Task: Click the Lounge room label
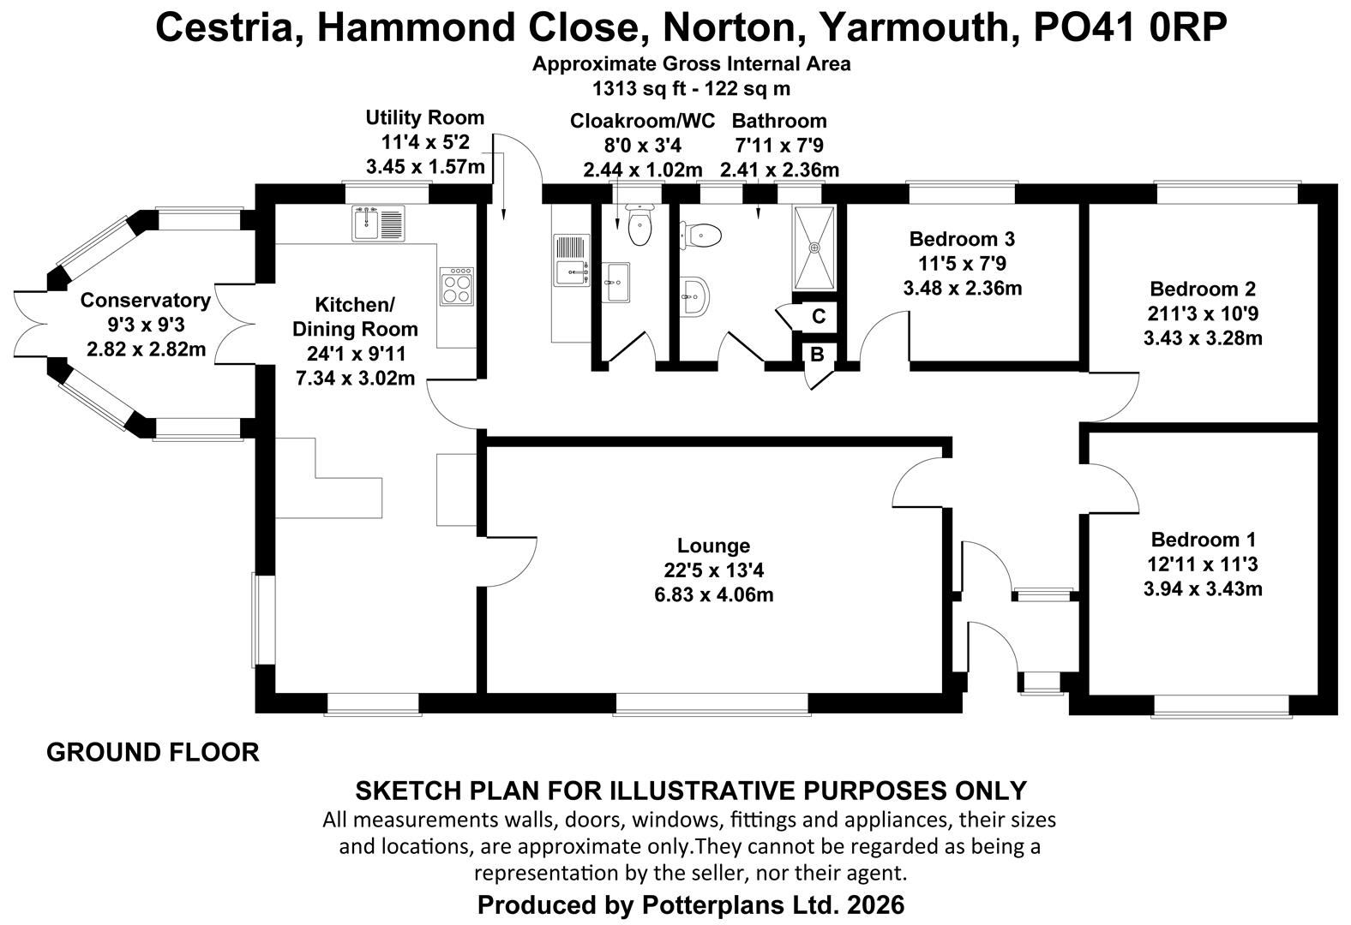click(x=713, y=546)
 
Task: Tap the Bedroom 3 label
click(x=962, y=239)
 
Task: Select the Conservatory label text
click(x=146, y=300)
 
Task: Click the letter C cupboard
click(x=818, y=316)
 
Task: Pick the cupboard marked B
click(x=817, y=354)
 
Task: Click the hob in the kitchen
click(x=457, y=286)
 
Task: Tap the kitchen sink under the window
click(x=378, y=223)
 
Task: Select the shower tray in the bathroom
click(x=814, y=248)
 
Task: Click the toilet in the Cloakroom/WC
click(x=639, y=224)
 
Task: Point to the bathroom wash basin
click(x=695, y=296)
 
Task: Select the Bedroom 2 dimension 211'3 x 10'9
click(x=1203, y=313)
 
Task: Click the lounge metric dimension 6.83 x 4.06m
click(x=713, y=594)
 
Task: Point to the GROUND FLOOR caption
click(x=153, y=752)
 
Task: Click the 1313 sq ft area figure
click(x=639, y=88)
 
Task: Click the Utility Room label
click(x=424, y=117)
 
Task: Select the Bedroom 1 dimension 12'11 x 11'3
click(x=1203, y=564)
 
